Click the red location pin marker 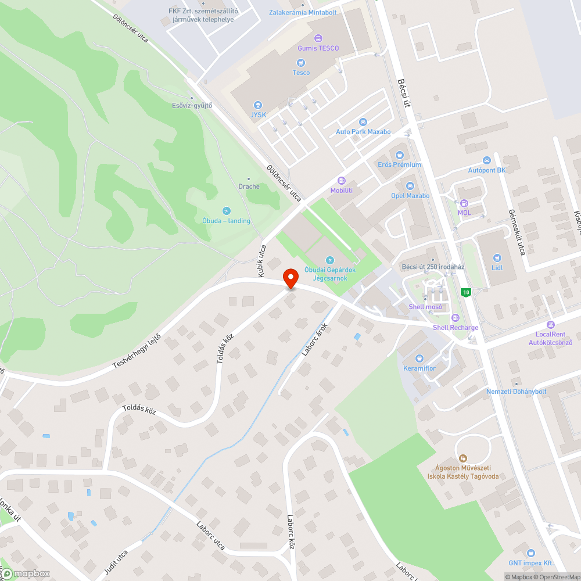point(291,278)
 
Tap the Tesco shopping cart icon point(301,63)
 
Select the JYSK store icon point(259,105)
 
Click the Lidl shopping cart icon point(497,258)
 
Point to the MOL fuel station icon point(464,203)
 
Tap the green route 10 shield point(465,292)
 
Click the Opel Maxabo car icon point(410,186)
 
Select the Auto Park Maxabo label point(363,132)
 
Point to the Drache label point(249,187)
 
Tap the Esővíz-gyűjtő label point(192,105)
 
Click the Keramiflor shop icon point(419,358)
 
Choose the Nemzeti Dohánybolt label point(516,391)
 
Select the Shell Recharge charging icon point(455,318)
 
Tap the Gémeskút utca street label point(517,232)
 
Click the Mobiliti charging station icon point(342,181)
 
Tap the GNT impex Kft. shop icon point(529,553)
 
